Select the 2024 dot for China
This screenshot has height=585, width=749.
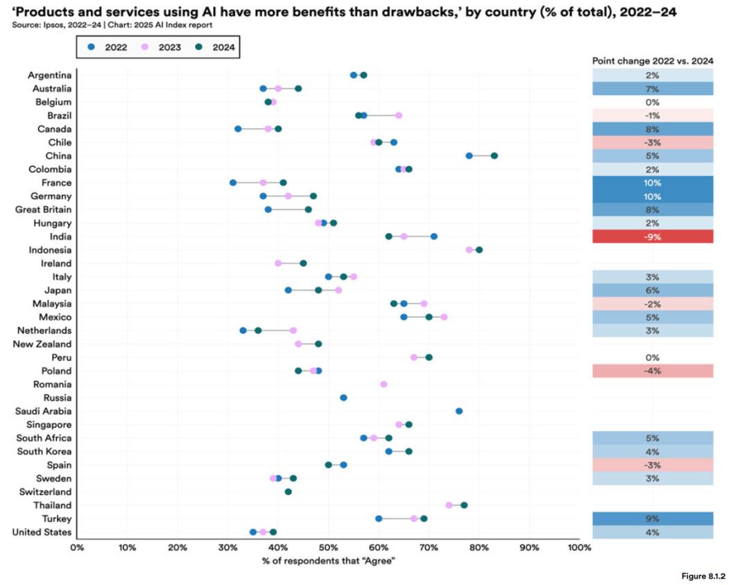(494, 155)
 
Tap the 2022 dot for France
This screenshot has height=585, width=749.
(233, 183)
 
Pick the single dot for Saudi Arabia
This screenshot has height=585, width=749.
(459, 411)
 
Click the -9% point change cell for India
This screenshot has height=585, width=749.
(652, 237)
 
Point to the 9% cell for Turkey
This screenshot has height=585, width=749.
(652, 518)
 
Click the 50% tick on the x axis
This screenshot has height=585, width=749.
(328, 548)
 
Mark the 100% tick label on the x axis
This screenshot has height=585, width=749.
(578, 548)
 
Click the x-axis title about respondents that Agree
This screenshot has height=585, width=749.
(329, 561)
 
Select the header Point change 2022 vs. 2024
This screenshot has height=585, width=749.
(652, 61)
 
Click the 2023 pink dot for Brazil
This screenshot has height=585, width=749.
(399, 115)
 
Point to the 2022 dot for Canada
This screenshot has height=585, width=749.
(238, 129)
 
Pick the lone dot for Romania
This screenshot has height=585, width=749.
(384, 384)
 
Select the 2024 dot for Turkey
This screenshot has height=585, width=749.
(424, 518)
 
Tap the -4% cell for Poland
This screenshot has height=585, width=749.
(652, 371)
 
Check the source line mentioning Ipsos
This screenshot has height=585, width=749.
(111, 25)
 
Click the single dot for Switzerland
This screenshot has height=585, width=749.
(289, 491)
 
